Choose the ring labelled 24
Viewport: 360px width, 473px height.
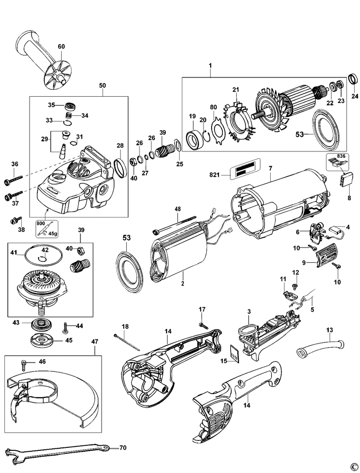(x=354, y=78)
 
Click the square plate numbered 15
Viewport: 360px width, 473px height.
(x=235, y=354)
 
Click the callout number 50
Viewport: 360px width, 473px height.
(x=103, y=85)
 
